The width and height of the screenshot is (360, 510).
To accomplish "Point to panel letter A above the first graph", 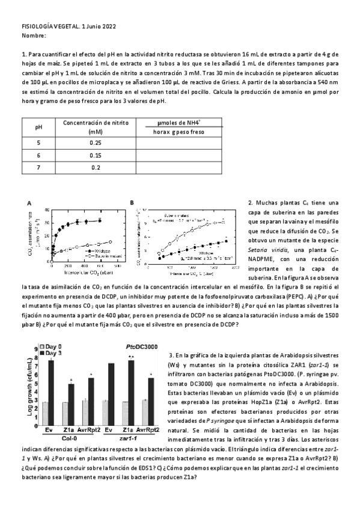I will [28, 203].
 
